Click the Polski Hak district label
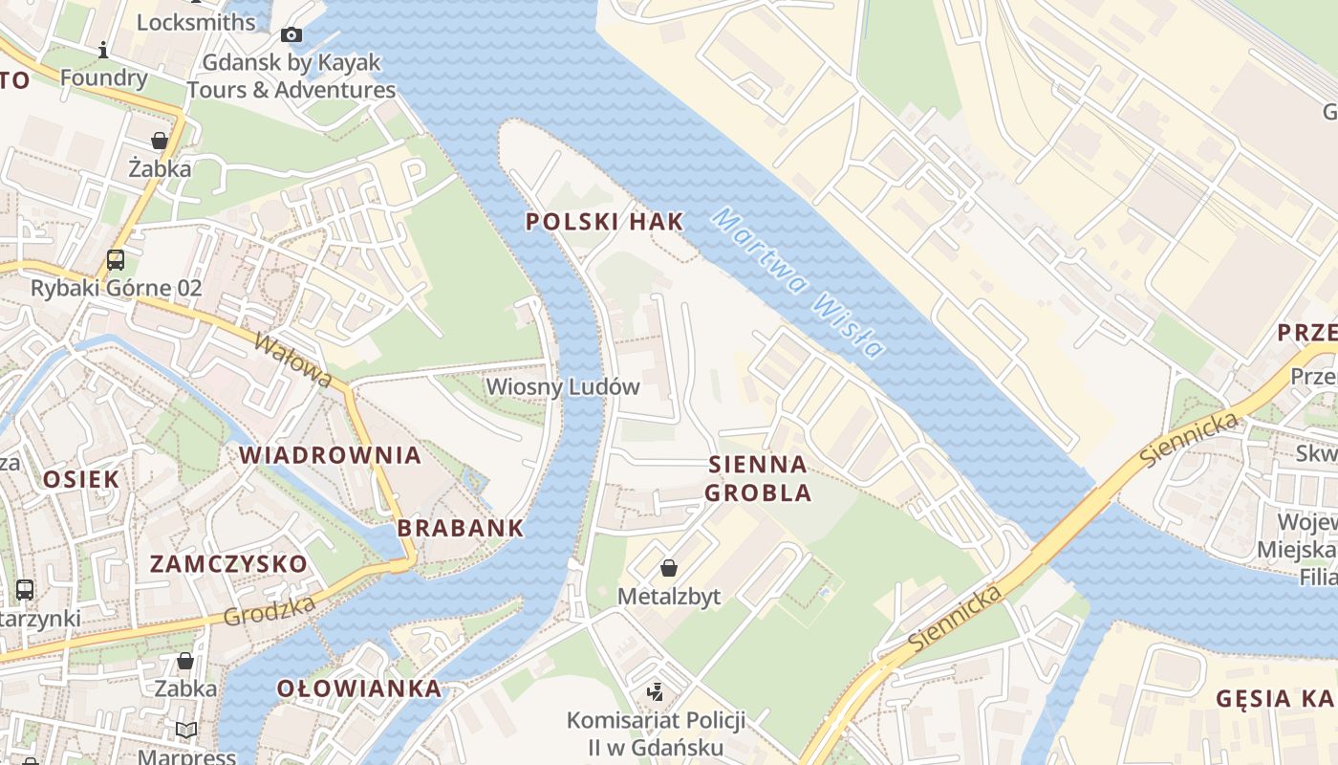605,222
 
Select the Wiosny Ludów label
563,387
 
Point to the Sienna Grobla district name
758,479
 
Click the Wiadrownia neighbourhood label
331,455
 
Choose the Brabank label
461,528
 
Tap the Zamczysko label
228,564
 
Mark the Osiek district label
81,480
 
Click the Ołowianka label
359,688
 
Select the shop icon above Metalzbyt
669,568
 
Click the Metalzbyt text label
669,597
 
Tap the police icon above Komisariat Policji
656,691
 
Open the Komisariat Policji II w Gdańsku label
657,733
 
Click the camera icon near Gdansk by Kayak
291,35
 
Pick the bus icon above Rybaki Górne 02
116,259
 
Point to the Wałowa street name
293,360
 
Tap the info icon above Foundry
103,50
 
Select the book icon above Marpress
186,731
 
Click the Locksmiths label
196,22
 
